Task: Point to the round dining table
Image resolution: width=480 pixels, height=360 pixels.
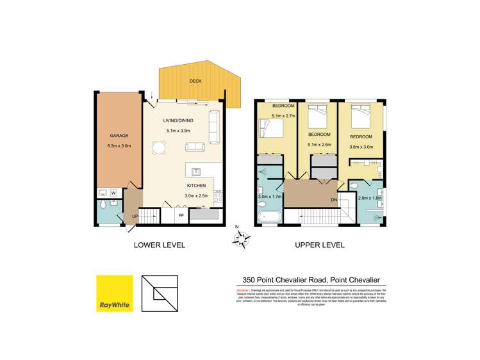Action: coord(158,148)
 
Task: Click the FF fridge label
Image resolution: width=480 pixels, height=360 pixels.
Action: coord(181,216)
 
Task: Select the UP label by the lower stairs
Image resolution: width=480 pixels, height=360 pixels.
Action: coord(135,217)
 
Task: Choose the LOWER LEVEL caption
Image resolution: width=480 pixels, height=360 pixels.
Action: coord(159,245)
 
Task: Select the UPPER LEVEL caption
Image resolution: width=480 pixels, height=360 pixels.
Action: coord(319,245)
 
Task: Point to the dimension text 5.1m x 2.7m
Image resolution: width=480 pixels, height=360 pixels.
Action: coord(283,116)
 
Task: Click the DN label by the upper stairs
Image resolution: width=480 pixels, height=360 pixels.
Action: coord(333,200)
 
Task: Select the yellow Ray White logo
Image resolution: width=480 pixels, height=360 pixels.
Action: coord(115,293)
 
